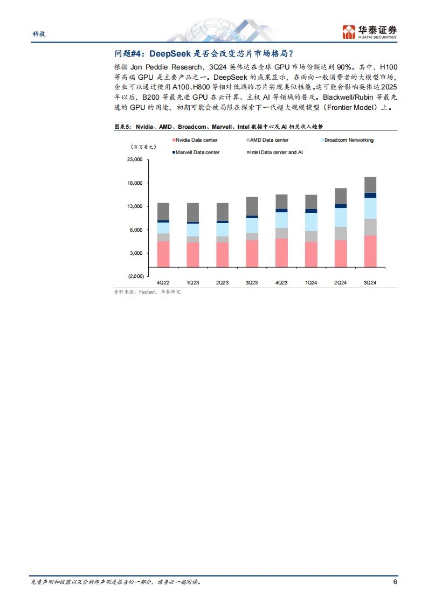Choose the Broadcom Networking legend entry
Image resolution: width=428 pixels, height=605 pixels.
[348, 140]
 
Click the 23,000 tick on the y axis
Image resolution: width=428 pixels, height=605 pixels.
[135, 160]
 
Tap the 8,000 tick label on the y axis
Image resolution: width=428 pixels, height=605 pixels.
[136, 230]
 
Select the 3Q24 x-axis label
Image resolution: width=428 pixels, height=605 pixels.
[370, 283]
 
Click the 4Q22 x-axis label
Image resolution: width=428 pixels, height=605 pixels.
[163, 283]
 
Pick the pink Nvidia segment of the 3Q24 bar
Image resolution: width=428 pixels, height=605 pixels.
[370, 251]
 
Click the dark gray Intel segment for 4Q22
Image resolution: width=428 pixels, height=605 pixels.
[163, 211]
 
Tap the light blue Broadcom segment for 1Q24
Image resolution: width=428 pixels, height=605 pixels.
[311, 222]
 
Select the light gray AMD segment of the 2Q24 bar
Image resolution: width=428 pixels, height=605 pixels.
[341, 233]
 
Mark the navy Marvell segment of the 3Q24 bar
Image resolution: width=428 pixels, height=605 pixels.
[370, 195]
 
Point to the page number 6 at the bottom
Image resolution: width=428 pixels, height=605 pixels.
[395, 582]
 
